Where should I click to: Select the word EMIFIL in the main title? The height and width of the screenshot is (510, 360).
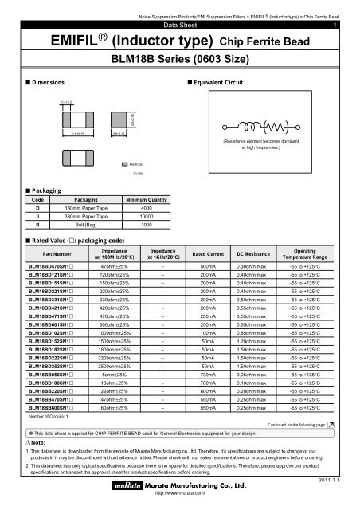pos(61,40)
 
